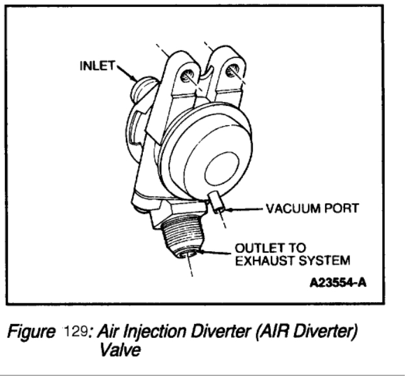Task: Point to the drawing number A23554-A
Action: coord(336,282)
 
